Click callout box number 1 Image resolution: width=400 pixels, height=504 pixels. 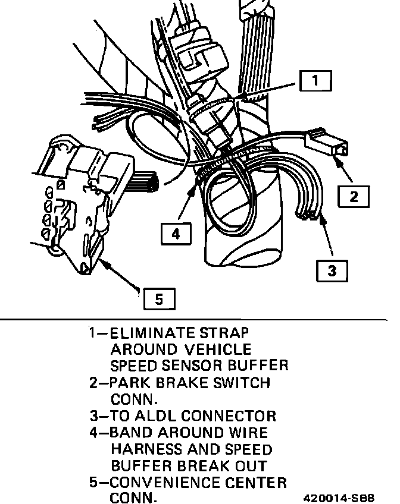pos(315,80)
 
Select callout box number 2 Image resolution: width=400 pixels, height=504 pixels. pos(354,196)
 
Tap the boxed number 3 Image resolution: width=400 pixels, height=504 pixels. pos(332,271)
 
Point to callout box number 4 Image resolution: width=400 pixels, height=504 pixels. pos(176,234)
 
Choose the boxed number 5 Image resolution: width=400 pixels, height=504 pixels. pos(159,299)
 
